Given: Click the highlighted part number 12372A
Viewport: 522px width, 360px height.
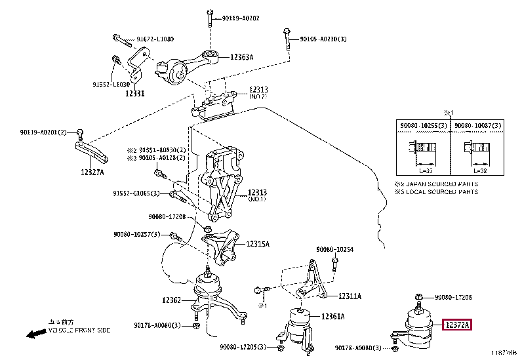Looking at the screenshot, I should coord(458,325).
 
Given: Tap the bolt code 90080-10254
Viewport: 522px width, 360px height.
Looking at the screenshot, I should coord(334,249).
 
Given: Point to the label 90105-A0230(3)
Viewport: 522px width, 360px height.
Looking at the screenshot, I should coord(324,40).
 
